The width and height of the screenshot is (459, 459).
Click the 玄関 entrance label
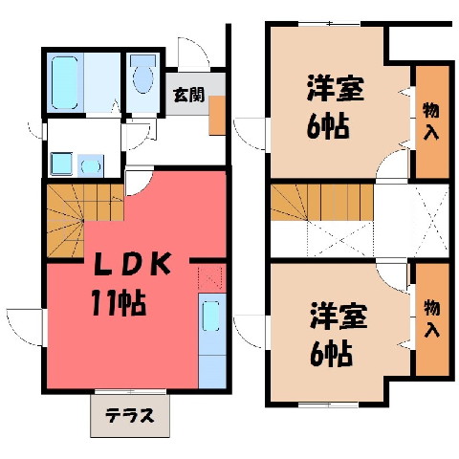[x=188, y=95]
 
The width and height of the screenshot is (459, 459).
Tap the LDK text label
[x=132, y=264]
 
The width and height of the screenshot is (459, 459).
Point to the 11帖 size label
[x=119, y=303]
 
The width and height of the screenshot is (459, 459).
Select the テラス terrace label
[x=130, y=415]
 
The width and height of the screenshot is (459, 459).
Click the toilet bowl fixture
[x=142, y=75]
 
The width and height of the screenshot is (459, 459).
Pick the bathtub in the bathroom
[x=65, y=83]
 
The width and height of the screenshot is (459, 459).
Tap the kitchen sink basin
[x=210, y=316]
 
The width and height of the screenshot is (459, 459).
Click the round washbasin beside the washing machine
[x=91, y=165]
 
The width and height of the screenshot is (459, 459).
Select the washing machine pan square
[x=61, y=164]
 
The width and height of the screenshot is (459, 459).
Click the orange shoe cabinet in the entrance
[x=217, y=115]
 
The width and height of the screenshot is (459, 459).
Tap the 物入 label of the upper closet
[x=431, y=122]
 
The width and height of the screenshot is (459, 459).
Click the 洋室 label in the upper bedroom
[x=335, y=88]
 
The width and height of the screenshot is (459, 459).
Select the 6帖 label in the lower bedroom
[x=331, y=353]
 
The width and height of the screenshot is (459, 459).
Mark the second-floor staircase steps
[x=322, y=203]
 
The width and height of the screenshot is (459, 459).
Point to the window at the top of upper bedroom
[x=331, y=24]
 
